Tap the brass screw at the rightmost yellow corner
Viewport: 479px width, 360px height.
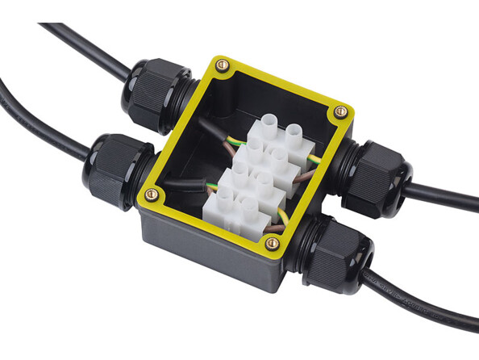coord(341,111)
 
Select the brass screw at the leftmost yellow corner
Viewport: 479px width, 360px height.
coord(151,193)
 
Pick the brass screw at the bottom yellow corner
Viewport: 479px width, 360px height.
coord(273,242)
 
